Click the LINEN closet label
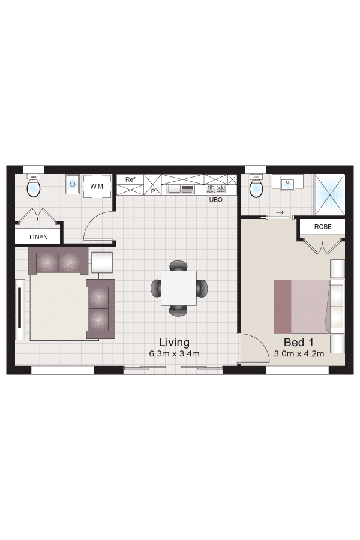coord(38,237)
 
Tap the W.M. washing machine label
coord(97,187)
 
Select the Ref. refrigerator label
coord(131,179)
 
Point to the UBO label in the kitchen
coord(216,200)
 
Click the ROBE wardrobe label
coord(323,227)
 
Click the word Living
coord(175,343)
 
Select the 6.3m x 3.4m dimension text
coord(175,353)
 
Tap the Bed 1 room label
coord(299,343)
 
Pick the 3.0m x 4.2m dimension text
coord(299,353)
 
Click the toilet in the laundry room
coord(34,186)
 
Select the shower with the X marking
coord(329,195)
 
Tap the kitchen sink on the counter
coord(181,189)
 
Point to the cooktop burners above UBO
coord(215,189)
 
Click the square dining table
coord(179,288)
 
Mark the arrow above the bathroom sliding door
coord(280,212)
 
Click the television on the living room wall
coord(20,309)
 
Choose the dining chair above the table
coord(178,266)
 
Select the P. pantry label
coord(154,191)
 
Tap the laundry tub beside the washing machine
coord(73,185)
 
